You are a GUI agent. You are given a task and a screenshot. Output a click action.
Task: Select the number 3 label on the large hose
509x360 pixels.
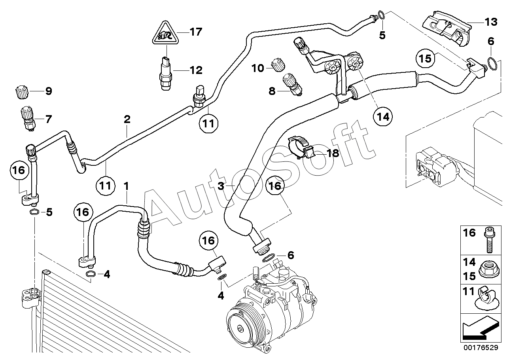pos(221,186)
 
